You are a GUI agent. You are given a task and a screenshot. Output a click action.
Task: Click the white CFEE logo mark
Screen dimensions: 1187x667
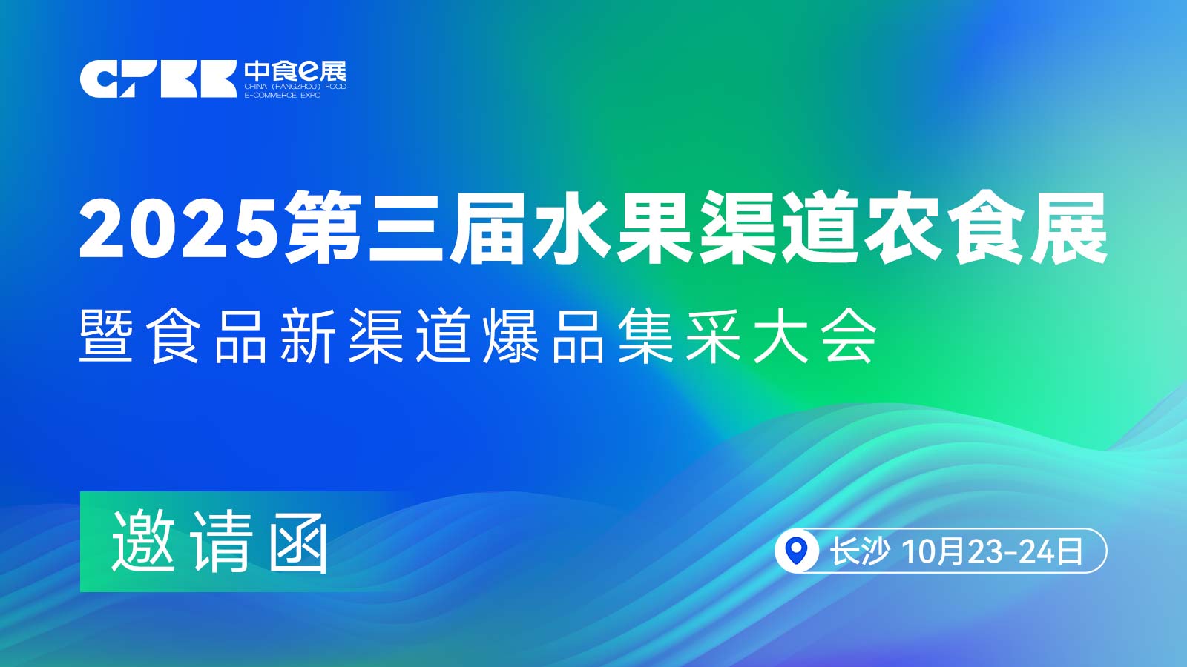point(158,79)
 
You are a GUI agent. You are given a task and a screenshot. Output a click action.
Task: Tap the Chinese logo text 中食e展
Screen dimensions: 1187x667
point(295,71)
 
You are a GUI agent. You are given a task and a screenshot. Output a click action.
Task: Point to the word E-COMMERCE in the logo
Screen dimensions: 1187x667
point(270,96)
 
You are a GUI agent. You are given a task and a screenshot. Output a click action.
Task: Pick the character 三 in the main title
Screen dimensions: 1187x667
point(406,229)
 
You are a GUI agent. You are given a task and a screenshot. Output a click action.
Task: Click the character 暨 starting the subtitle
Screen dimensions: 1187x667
point(106,336)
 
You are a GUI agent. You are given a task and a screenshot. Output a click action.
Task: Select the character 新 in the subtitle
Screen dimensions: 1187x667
point(307,336)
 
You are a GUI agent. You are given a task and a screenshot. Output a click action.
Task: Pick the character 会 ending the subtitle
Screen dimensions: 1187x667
point(849,336)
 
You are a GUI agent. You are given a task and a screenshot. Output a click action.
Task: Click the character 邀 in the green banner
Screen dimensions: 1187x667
point(143,542)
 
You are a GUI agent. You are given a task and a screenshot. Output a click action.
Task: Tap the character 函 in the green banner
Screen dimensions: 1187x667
point(298,542)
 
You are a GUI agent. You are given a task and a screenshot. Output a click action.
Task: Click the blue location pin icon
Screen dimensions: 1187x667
point(795,551)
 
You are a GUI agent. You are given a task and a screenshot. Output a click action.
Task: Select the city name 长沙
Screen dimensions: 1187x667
point(859,551)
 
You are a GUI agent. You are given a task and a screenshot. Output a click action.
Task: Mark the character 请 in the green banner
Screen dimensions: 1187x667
point(222,542)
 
